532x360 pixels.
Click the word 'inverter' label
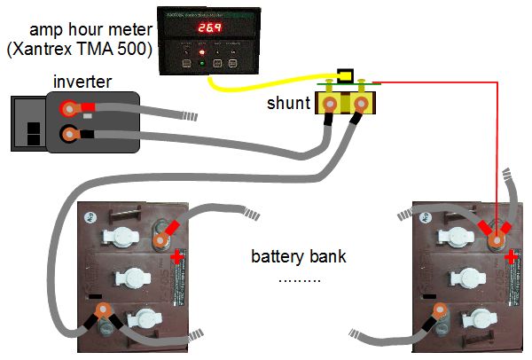pos(82,82)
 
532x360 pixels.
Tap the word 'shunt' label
pos(287,104)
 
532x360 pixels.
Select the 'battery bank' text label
pos(298,258)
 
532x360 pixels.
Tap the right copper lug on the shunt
pos(361,108)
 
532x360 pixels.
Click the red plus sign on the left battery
pos(176,256)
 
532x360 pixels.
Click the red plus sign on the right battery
pos(512,256)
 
